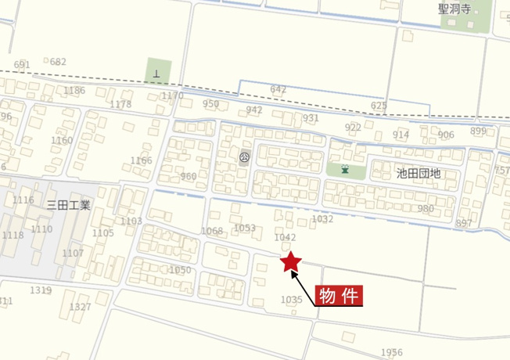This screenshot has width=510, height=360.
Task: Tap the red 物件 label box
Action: point(339,296)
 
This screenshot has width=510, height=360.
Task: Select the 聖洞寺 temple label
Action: point(455,9)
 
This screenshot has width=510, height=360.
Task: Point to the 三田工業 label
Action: point(69,205)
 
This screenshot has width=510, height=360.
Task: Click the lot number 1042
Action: point(285,237)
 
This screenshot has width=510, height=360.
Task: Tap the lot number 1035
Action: point(291,300)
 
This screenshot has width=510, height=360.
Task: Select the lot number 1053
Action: point(245,228)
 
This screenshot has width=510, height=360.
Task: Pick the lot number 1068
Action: point(212,231)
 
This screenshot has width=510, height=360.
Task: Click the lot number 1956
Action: point(392,352)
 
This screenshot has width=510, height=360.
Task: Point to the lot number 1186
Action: point(74,91)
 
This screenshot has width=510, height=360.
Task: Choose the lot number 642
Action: point(278,89)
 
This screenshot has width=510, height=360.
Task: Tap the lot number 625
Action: point(379,105)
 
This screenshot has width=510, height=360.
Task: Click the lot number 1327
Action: point(80,307)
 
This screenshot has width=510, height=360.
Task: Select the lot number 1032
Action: point(322,219)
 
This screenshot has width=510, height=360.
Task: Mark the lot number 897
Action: point(464,223)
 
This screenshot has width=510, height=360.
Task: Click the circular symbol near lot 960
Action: point(243,157)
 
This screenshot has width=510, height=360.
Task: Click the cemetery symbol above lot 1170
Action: point(157,74)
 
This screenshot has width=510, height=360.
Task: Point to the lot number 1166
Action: point(142,160)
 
